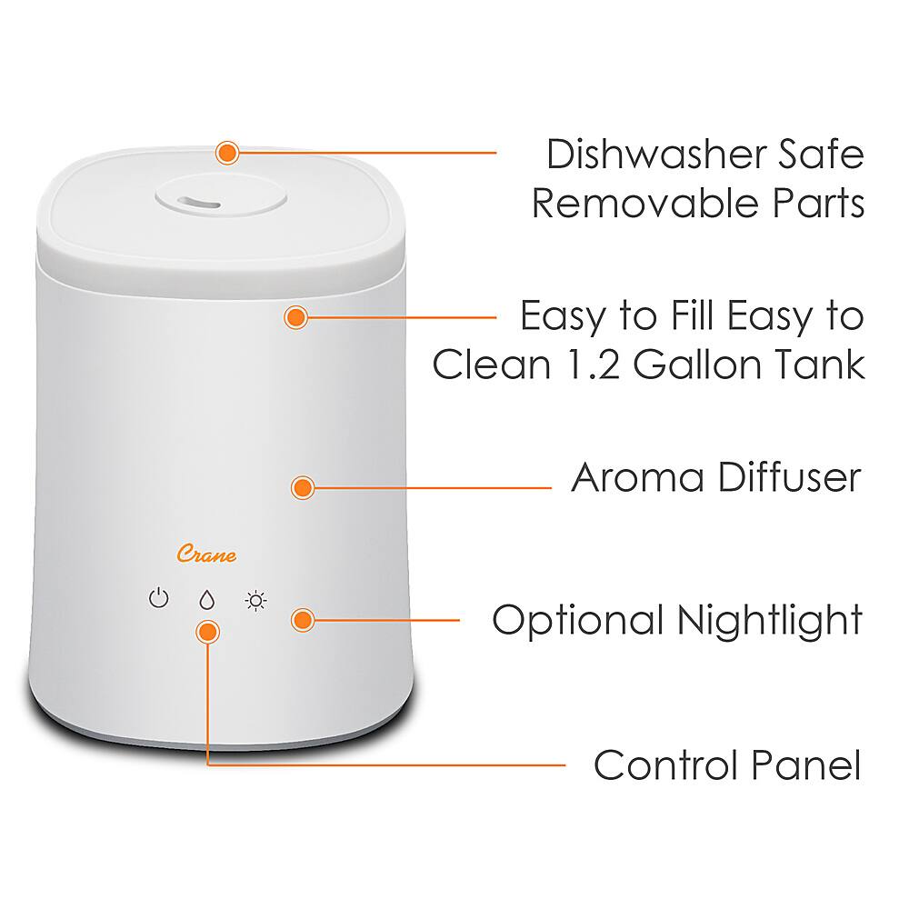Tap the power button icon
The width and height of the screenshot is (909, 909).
[x=159, y=599]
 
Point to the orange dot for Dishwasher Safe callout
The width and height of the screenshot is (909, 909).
[x=227, y=151]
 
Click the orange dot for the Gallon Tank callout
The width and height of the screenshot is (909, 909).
[x=295, y=317]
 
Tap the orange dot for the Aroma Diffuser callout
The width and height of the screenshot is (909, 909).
[x=302, y=487]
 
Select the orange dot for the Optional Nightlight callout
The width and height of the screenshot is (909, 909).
[x=302, y=620]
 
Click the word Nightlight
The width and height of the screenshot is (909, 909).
[x=769, y=621]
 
